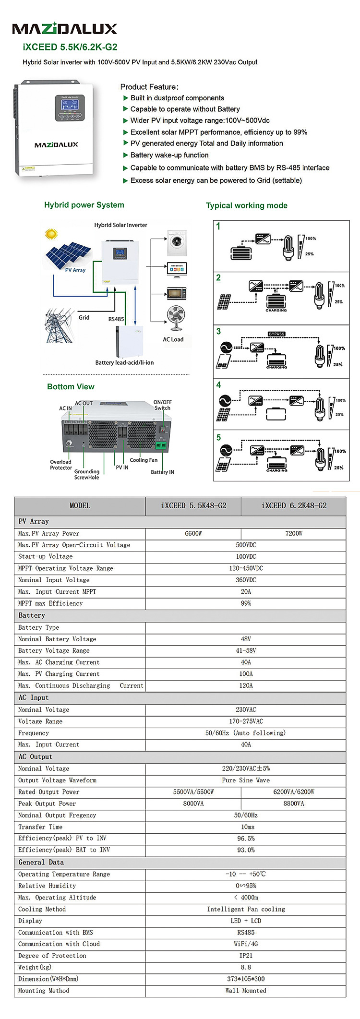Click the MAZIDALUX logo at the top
coord(64,29)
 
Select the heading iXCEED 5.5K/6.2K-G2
coord(70,47)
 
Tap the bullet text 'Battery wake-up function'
coord(169,155)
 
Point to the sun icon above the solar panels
coord(50,234)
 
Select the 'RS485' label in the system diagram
coord(116,319)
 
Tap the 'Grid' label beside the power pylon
coord(84,317)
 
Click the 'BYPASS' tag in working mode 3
coord(276,334)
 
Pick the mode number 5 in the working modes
coord(219,437)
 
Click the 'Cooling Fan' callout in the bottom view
coord(144,460)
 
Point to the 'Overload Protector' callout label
coord(61,465)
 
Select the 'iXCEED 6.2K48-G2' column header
coord(294,505)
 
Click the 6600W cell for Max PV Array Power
coord(193,533)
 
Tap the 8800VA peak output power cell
coord(293,803)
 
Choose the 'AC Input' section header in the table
coord(34,697)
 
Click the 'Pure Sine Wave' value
coord(246,780)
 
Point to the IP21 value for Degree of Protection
coord(246,956)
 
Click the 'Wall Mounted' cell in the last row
coord(246,991)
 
